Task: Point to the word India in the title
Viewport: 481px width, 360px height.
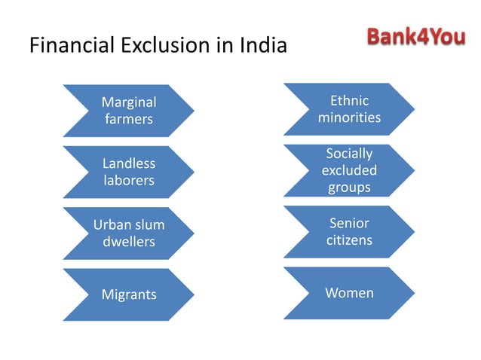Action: pos(263,46)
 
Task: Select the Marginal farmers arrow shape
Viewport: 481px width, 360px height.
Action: pos(128,111)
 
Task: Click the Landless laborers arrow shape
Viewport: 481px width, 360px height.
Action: pos(128,172)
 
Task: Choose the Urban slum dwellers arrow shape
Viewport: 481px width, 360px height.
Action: pos(128,233)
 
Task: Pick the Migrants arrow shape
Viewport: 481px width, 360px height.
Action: pos(128,294)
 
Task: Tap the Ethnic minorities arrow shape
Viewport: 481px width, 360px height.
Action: pos(349,109)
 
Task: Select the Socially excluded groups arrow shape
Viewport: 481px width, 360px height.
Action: pos(349,170)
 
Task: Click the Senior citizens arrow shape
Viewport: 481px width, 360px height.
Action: pos(349,232)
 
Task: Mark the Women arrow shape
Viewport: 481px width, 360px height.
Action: pos(349,293)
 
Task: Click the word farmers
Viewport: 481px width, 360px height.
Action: pos(129,119)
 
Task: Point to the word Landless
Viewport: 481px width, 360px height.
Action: pos(129,163)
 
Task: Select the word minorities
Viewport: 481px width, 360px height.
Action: pos(349,118)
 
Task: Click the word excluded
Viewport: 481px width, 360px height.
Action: pos(349,170)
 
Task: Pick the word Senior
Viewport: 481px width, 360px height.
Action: pos(349,224)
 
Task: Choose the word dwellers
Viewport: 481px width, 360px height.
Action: pos(129,242)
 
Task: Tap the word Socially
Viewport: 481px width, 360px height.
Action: pos(349,154)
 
